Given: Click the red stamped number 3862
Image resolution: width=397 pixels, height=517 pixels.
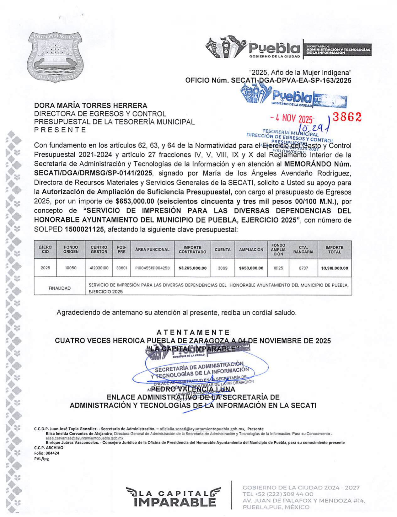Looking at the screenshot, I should tap(347, 117).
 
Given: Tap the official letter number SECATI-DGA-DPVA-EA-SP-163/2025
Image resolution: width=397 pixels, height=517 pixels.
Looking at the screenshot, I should tap(291, 80).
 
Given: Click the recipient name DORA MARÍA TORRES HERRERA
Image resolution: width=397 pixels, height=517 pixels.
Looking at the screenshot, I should tap(91, 105).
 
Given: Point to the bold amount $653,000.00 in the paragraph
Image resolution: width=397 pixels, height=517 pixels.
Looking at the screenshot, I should tap(135, 201).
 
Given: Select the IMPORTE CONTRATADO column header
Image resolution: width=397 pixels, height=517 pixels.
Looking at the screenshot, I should tap(192, 250).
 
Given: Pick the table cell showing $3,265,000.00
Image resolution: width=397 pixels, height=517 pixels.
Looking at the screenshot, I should tap(192, 268).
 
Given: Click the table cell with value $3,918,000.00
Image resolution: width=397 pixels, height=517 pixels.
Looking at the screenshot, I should tap(335, 268).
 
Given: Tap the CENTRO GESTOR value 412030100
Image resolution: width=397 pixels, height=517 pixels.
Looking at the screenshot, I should tap(99, 268).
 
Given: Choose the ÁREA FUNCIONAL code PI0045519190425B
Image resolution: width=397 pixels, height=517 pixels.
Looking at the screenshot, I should tap(152, 268).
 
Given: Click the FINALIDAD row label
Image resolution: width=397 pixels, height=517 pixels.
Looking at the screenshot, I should tap(60, 288).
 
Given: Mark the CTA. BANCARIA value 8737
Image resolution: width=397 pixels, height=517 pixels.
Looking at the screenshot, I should tap(303, 268).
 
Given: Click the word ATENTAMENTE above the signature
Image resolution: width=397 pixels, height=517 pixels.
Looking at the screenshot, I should tap(193, 332).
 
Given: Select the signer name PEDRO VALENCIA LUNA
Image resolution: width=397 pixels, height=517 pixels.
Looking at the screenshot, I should tap(193, 389).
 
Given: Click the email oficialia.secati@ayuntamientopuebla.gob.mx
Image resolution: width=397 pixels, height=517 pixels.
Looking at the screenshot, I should tap(202, 429).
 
